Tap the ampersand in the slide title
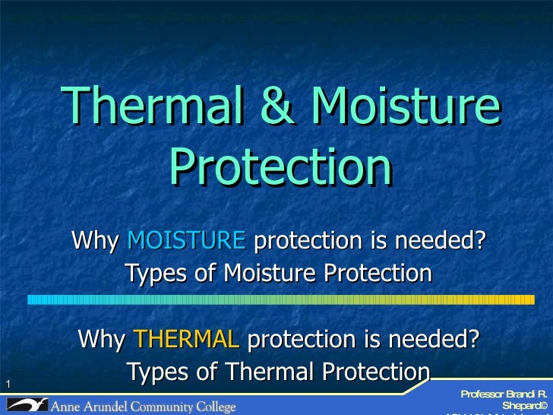280,108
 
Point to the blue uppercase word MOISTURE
186,241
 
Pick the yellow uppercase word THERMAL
186,339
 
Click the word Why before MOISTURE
95,241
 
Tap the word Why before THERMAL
102,339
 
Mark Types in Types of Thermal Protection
155,372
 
